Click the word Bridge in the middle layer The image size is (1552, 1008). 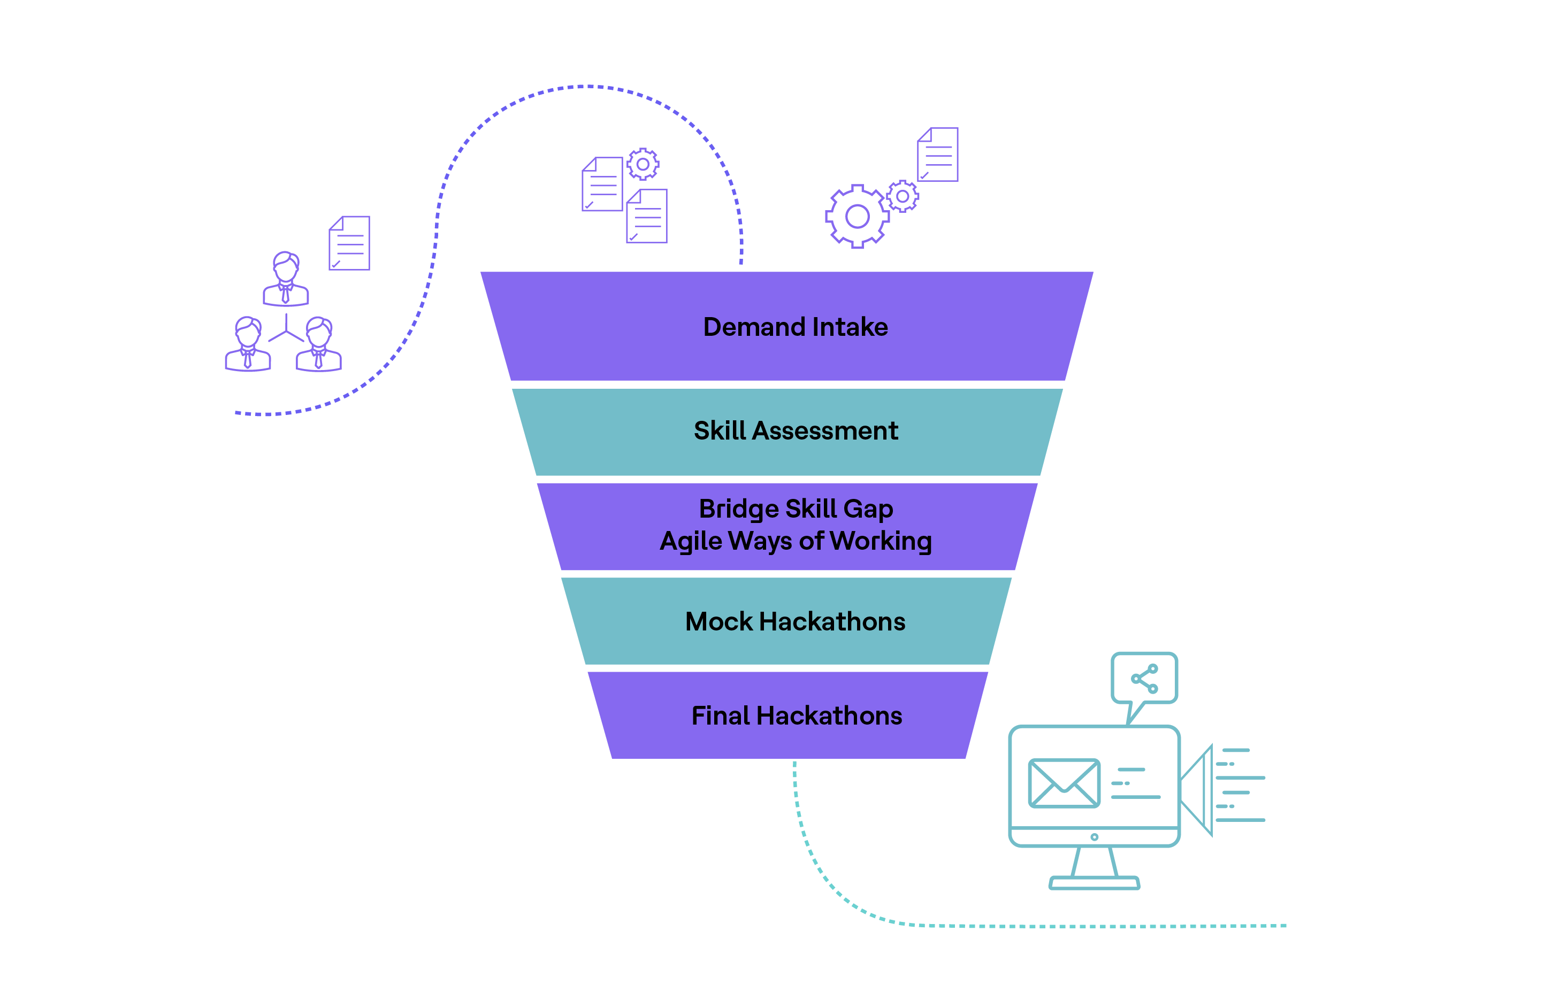(738, 509)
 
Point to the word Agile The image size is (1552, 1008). (691, 541)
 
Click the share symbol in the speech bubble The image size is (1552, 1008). (1144, 679)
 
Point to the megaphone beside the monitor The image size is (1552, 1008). (1198, 790)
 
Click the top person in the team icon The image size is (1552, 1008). (286, 279)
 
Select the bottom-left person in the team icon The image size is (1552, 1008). (248, 344)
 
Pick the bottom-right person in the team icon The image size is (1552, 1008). (319, 344)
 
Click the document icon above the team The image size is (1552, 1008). (349, 243)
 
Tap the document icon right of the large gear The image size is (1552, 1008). (938, 155)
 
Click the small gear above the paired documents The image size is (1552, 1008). (643, 164)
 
